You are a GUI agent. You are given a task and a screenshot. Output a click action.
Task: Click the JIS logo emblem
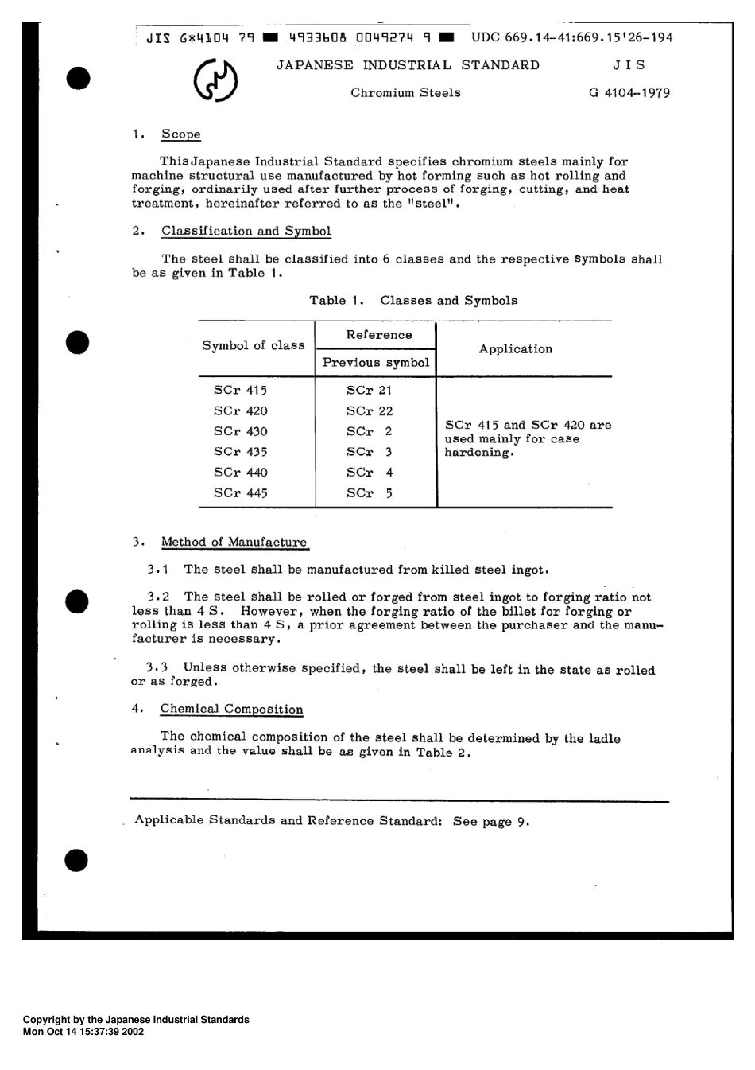coord(216,81)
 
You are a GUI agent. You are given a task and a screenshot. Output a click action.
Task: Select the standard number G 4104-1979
coord(629,93)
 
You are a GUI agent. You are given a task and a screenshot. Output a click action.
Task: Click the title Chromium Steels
coord(405,93)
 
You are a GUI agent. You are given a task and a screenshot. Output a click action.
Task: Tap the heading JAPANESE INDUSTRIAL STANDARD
coord(408,65)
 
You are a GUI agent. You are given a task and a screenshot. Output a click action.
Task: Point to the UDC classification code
coord(571,37)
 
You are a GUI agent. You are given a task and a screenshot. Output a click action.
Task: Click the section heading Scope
coord(181,134)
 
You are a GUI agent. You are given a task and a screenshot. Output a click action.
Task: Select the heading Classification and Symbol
coord(246,232)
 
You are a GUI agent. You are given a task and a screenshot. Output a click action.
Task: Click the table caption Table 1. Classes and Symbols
coord(413,301)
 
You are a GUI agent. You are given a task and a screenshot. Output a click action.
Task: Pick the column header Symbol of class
coord(254,346)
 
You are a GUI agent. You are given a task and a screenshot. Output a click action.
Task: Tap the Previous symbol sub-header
coord(376,363)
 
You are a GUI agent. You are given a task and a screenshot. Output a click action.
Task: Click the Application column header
coord(516,349)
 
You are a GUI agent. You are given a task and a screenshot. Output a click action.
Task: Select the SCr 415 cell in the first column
coord(241,391)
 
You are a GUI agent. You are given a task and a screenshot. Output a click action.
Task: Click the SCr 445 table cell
coord(241,493)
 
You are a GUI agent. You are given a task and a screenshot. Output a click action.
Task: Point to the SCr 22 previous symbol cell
coord(370,411)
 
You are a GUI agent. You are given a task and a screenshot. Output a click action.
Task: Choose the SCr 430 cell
coord(241,432)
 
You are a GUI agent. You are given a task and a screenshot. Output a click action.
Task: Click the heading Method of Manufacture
coord(234,543)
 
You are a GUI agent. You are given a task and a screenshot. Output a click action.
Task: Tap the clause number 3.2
coord(158,597)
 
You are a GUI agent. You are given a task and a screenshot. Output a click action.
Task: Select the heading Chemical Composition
coord(231,710)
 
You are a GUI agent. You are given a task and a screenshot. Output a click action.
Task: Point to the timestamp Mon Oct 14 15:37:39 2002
coord(83,1031)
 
